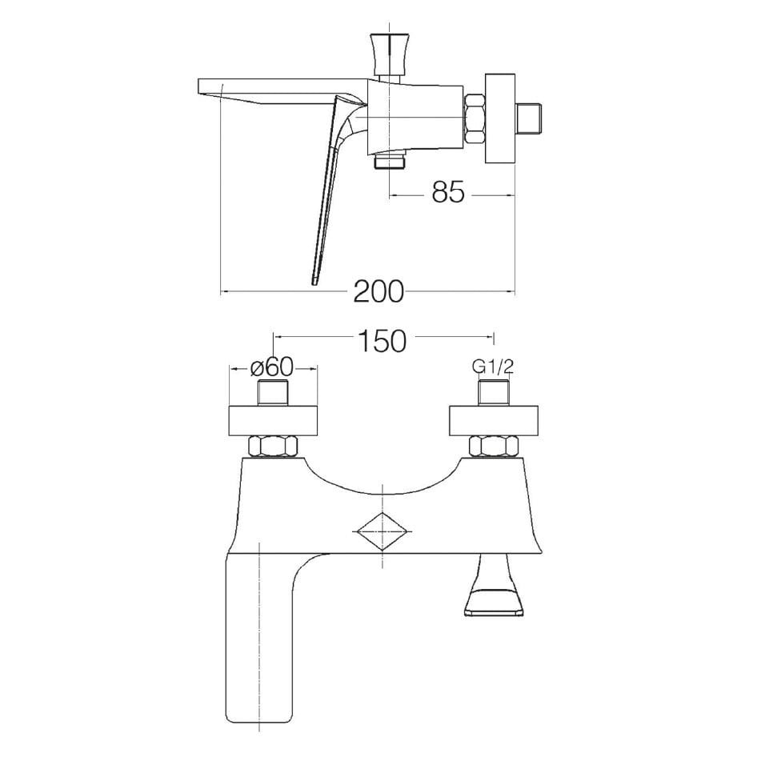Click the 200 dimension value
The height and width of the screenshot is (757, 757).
click(378, 292)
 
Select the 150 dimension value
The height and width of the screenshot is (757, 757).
click(383, 340)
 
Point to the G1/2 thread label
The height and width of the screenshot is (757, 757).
click(492, 366)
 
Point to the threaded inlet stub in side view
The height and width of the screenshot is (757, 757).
click(532, 118)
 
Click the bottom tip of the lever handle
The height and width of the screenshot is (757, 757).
click(314, 280)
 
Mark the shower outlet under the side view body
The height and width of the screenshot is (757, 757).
click(390, 163)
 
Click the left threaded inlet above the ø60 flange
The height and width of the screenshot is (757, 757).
click(273, 395)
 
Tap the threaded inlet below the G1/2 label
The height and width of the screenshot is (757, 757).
click(493, 395)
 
